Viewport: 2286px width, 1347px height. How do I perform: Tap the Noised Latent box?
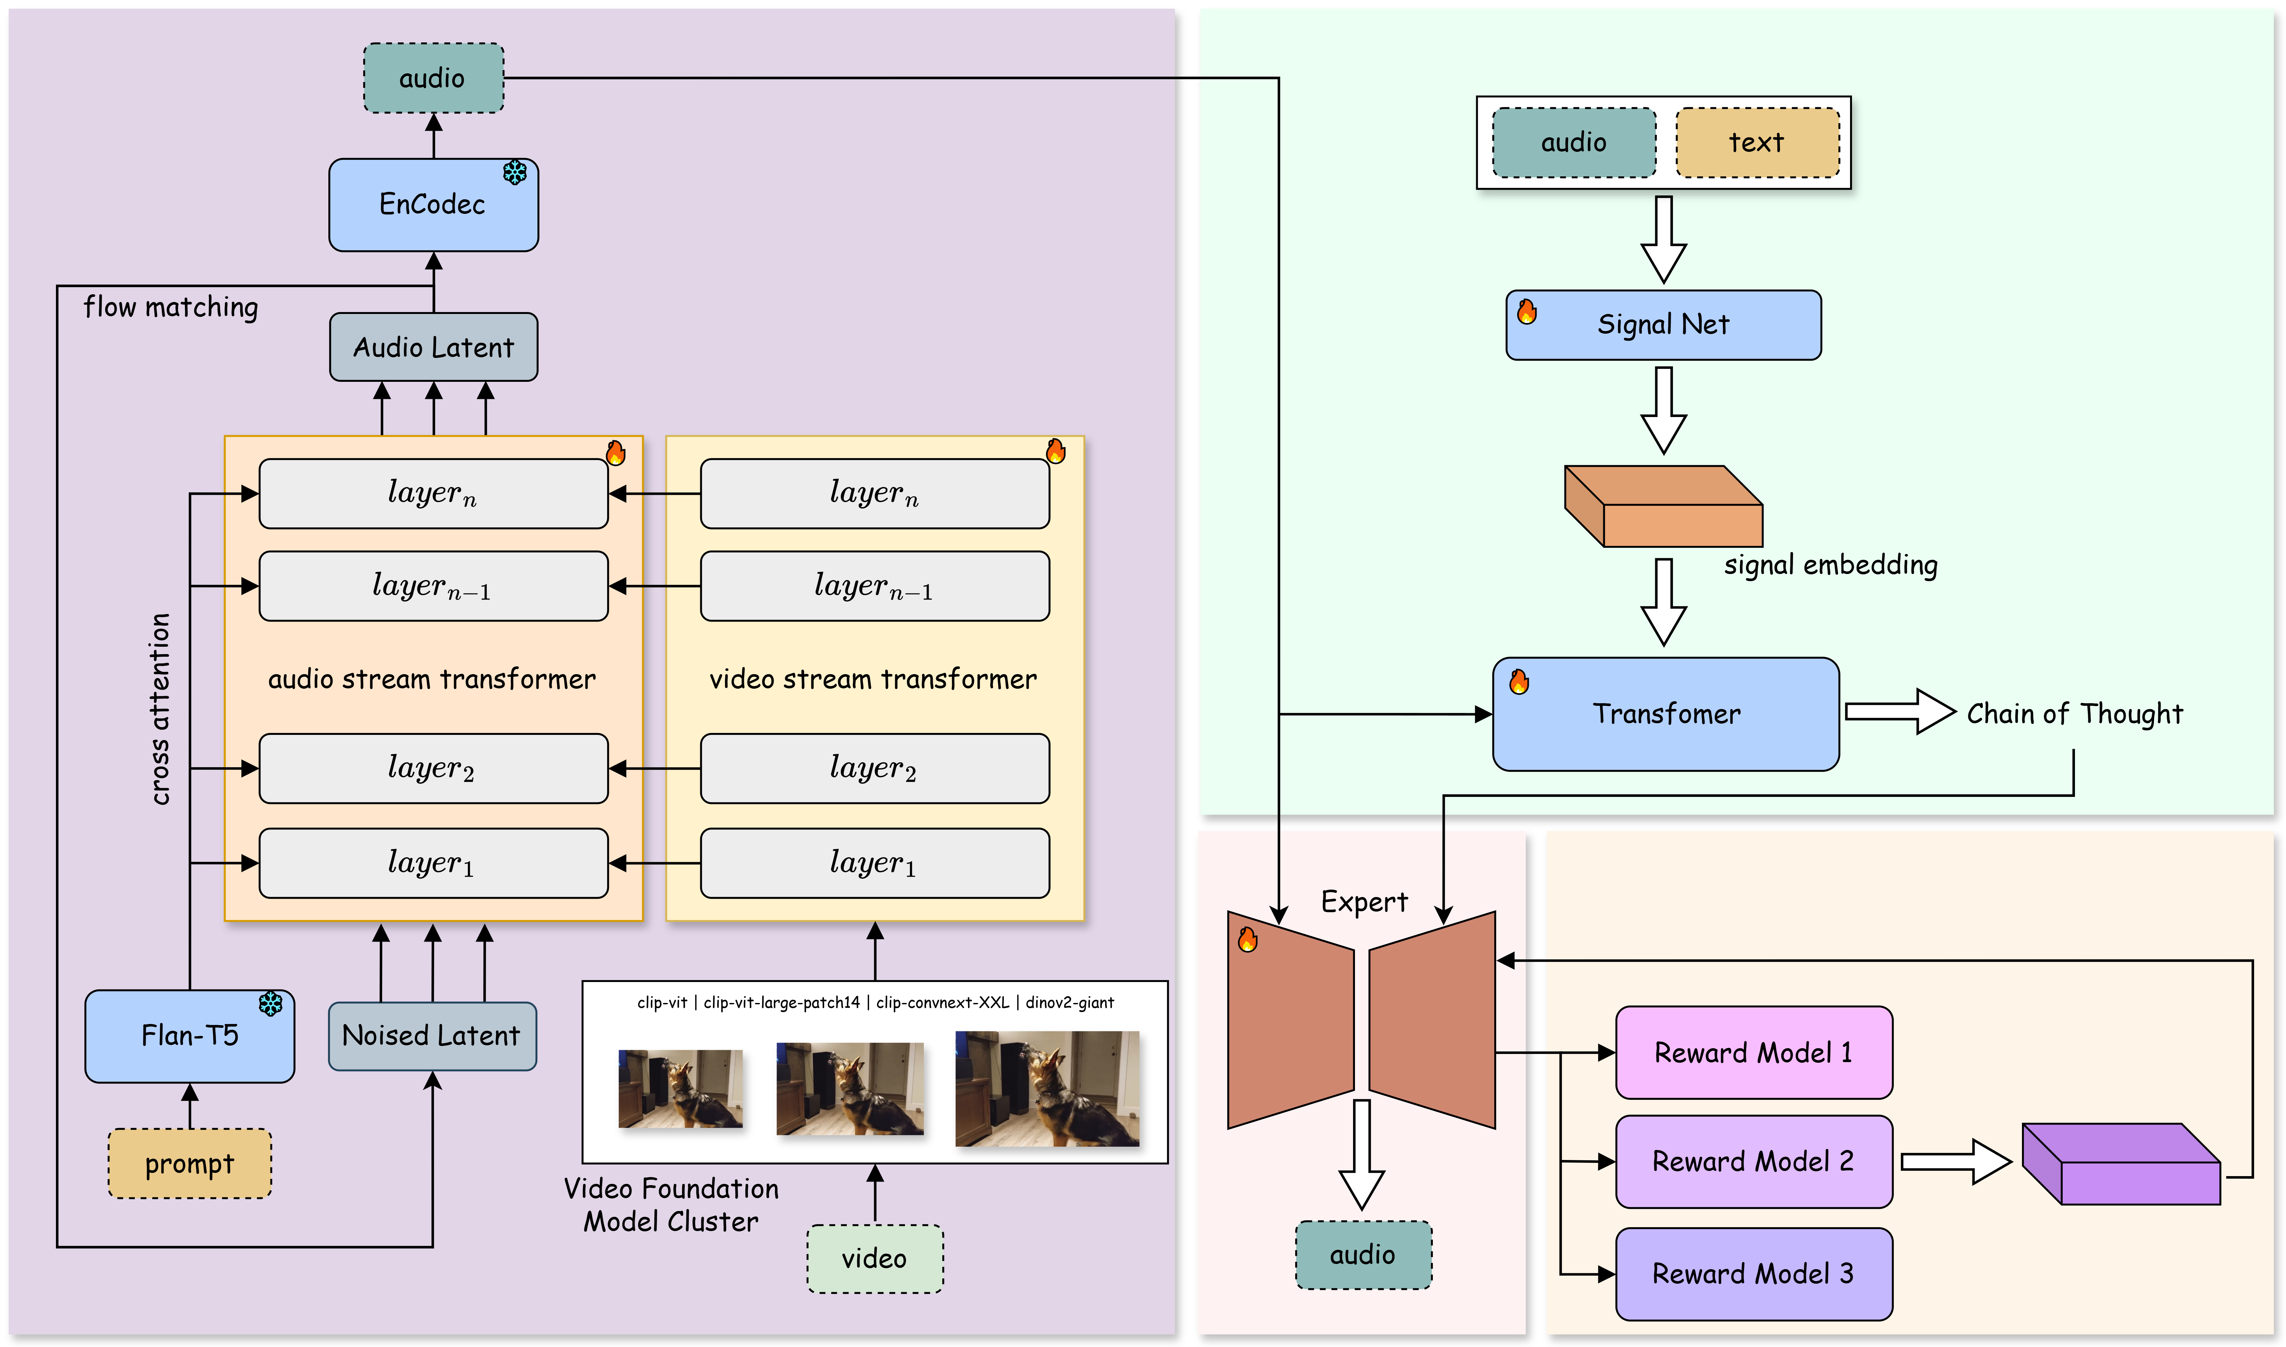432,1036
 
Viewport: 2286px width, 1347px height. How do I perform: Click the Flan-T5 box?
190,1036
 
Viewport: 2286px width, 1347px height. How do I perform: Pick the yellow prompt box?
190,1164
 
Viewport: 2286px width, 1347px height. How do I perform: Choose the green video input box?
874,1258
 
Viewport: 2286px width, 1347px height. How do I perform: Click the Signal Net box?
1663,325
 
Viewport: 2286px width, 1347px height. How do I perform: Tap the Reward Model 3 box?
1754,1273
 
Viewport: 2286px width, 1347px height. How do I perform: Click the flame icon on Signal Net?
1527,311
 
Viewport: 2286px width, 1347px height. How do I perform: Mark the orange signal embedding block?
1663,506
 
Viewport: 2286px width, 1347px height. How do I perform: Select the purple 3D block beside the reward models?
2122,1164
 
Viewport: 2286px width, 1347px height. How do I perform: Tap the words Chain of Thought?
2074,714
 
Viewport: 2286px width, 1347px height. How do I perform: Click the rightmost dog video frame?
1047,1088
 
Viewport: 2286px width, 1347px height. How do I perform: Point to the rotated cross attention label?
160,709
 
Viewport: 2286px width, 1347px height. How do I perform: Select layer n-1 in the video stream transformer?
874,586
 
